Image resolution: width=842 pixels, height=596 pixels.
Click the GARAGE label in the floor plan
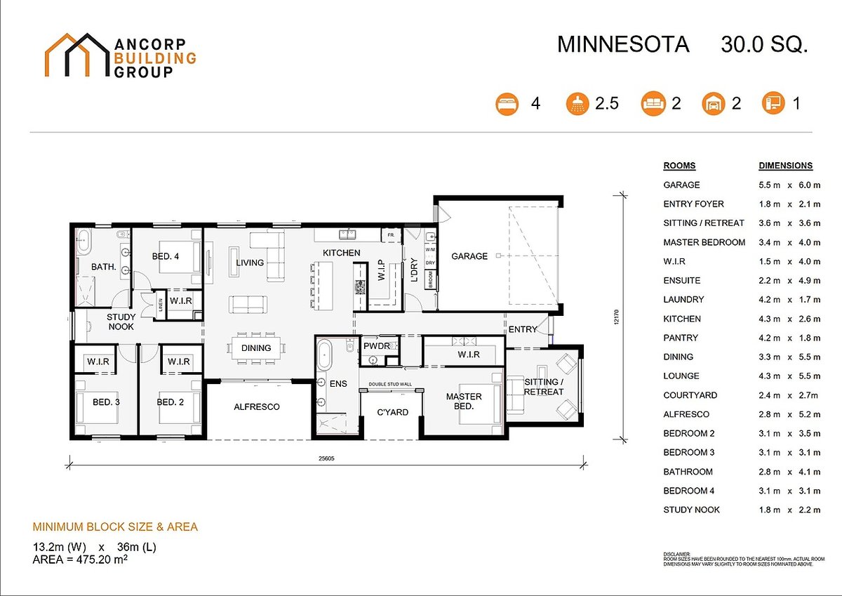(x=469, y=256)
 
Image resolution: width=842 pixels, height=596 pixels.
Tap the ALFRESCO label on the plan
(x=257, y=406)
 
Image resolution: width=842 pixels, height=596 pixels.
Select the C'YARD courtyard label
(x=392, y=412)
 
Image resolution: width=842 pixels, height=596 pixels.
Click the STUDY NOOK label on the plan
(x=121, y=322)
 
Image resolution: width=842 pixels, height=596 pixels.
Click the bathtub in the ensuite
(x=324, y=357)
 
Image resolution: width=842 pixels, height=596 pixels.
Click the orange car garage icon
(x=712, y=104)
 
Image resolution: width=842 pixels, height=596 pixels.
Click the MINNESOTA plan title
(x=623, y=45)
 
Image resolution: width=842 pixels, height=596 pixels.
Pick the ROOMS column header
(x=679, y=166)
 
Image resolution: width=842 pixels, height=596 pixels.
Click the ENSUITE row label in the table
(x=682, y=280)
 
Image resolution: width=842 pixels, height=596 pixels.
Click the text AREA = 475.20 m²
(x=79, y=559)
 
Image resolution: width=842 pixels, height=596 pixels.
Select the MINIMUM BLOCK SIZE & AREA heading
(x=115, y=527)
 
